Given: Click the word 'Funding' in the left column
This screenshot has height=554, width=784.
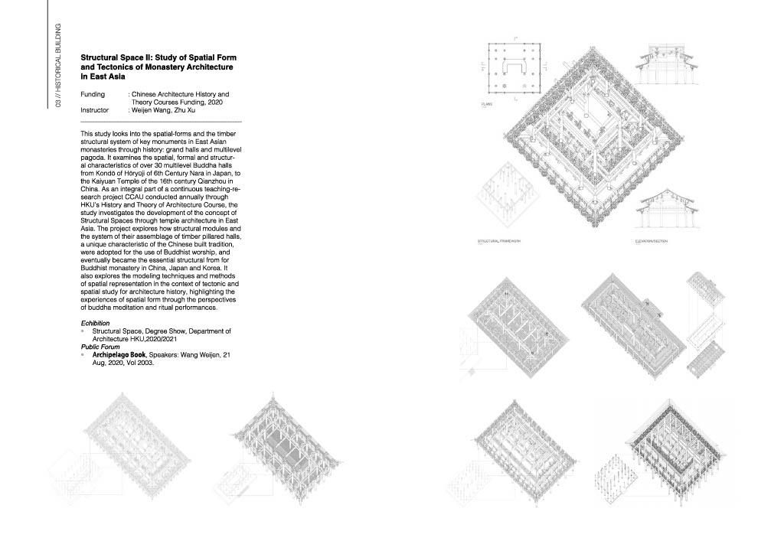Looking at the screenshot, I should tap(93, 94).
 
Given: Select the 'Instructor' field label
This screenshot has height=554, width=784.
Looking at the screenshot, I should tap(95, 110).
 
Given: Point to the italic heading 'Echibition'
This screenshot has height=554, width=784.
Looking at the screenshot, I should tap(96, 324).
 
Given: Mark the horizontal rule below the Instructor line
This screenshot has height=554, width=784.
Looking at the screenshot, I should tap(161, 122).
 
